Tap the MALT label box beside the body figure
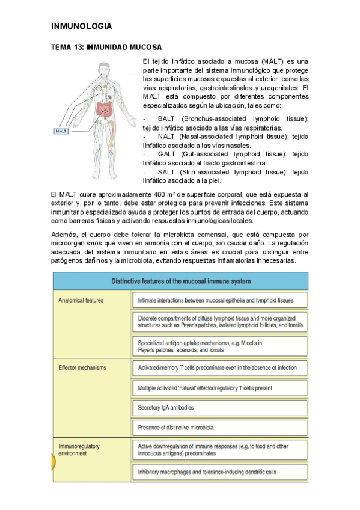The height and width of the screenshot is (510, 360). coord(61,131)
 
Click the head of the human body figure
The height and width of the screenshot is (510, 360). coord(103,69)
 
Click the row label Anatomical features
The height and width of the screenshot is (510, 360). coord(81,300)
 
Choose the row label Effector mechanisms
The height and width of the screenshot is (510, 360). coord(82,367)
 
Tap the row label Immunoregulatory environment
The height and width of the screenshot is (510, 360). coord(79,450)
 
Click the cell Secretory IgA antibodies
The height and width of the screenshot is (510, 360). coord(166,407)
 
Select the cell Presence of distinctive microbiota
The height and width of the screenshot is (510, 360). coord(175,428)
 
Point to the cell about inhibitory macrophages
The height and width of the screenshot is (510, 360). coord(207,472)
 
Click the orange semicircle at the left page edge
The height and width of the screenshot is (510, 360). coord(54,462)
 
